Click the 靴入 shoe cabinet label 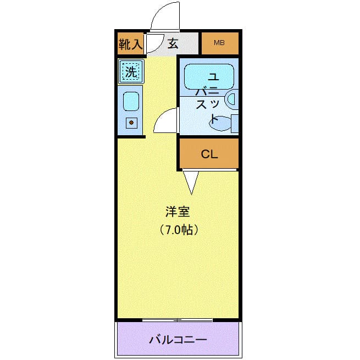(x=130, y=43)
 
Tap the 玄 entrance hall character (x=173, y=43)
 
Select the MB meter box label (x=219, y=43)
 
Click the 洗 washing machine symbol (x=130, y=71)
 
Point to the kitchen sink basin (x=130, y=101)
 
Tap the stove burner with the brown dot (x=131, y=123)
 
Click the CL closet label (x=209, y=154)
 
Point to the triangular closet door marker (x=190, y=182)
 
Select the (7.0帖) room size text (x=178, y=230)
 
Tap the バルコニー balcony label (x=178, y=339)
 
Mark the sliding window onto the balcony (x=177, y=320)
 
